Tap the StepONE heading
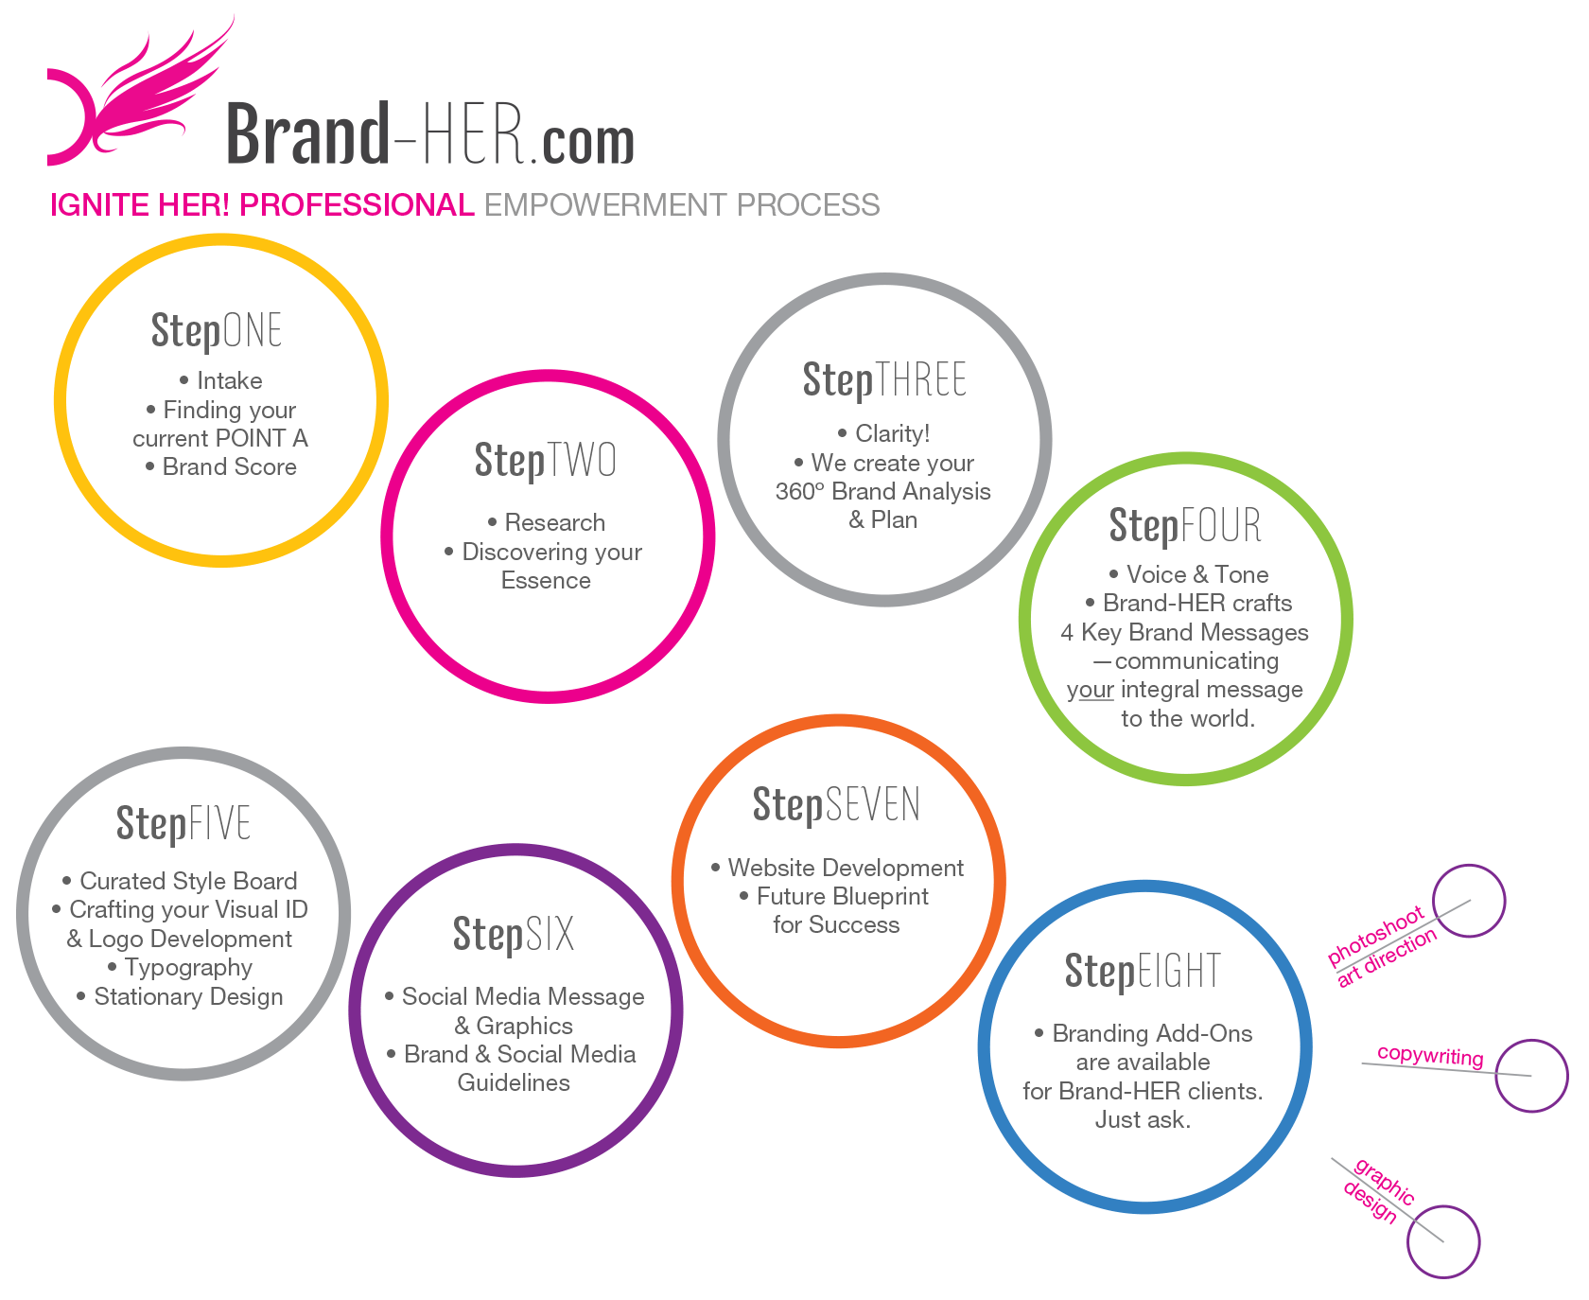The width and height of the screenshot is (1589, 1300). coord(217,331)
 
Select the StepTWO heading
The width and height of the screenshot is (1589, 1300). coord(546,461)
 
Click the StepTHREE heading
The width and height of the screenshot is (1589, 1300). coord(884,380)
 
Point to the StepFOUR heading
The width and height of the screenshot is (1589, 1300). coord(1185,526)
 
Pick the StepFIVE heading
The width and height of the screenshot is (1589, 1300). coord(183,824)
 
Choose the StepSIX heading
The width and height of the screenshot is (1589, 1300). coord(514,935)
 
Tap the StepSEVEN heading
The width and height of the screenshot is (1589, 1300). coord(836,805)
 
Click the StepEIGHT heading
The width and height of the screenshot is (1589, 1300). coord(1143,972)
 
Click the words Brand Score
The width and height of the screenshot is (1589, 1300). coord(230,467)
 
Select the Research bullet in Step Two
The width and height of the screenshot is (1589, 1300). coord(554,523)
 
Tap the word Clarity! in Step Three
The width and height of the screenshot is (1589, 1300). coord(893,434)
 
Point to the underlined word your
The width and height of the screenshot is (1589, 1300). coord(1090,691)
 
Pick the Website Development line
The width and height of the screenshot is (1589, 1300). coord(846,869)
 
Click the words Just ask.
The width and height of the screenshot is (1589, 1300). coord(1143,1120)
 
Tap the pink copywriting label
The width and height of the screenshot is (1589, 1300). coord(1430,1056)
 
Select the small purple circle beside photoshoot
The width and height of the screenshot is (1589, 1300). coord(1469,866)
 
